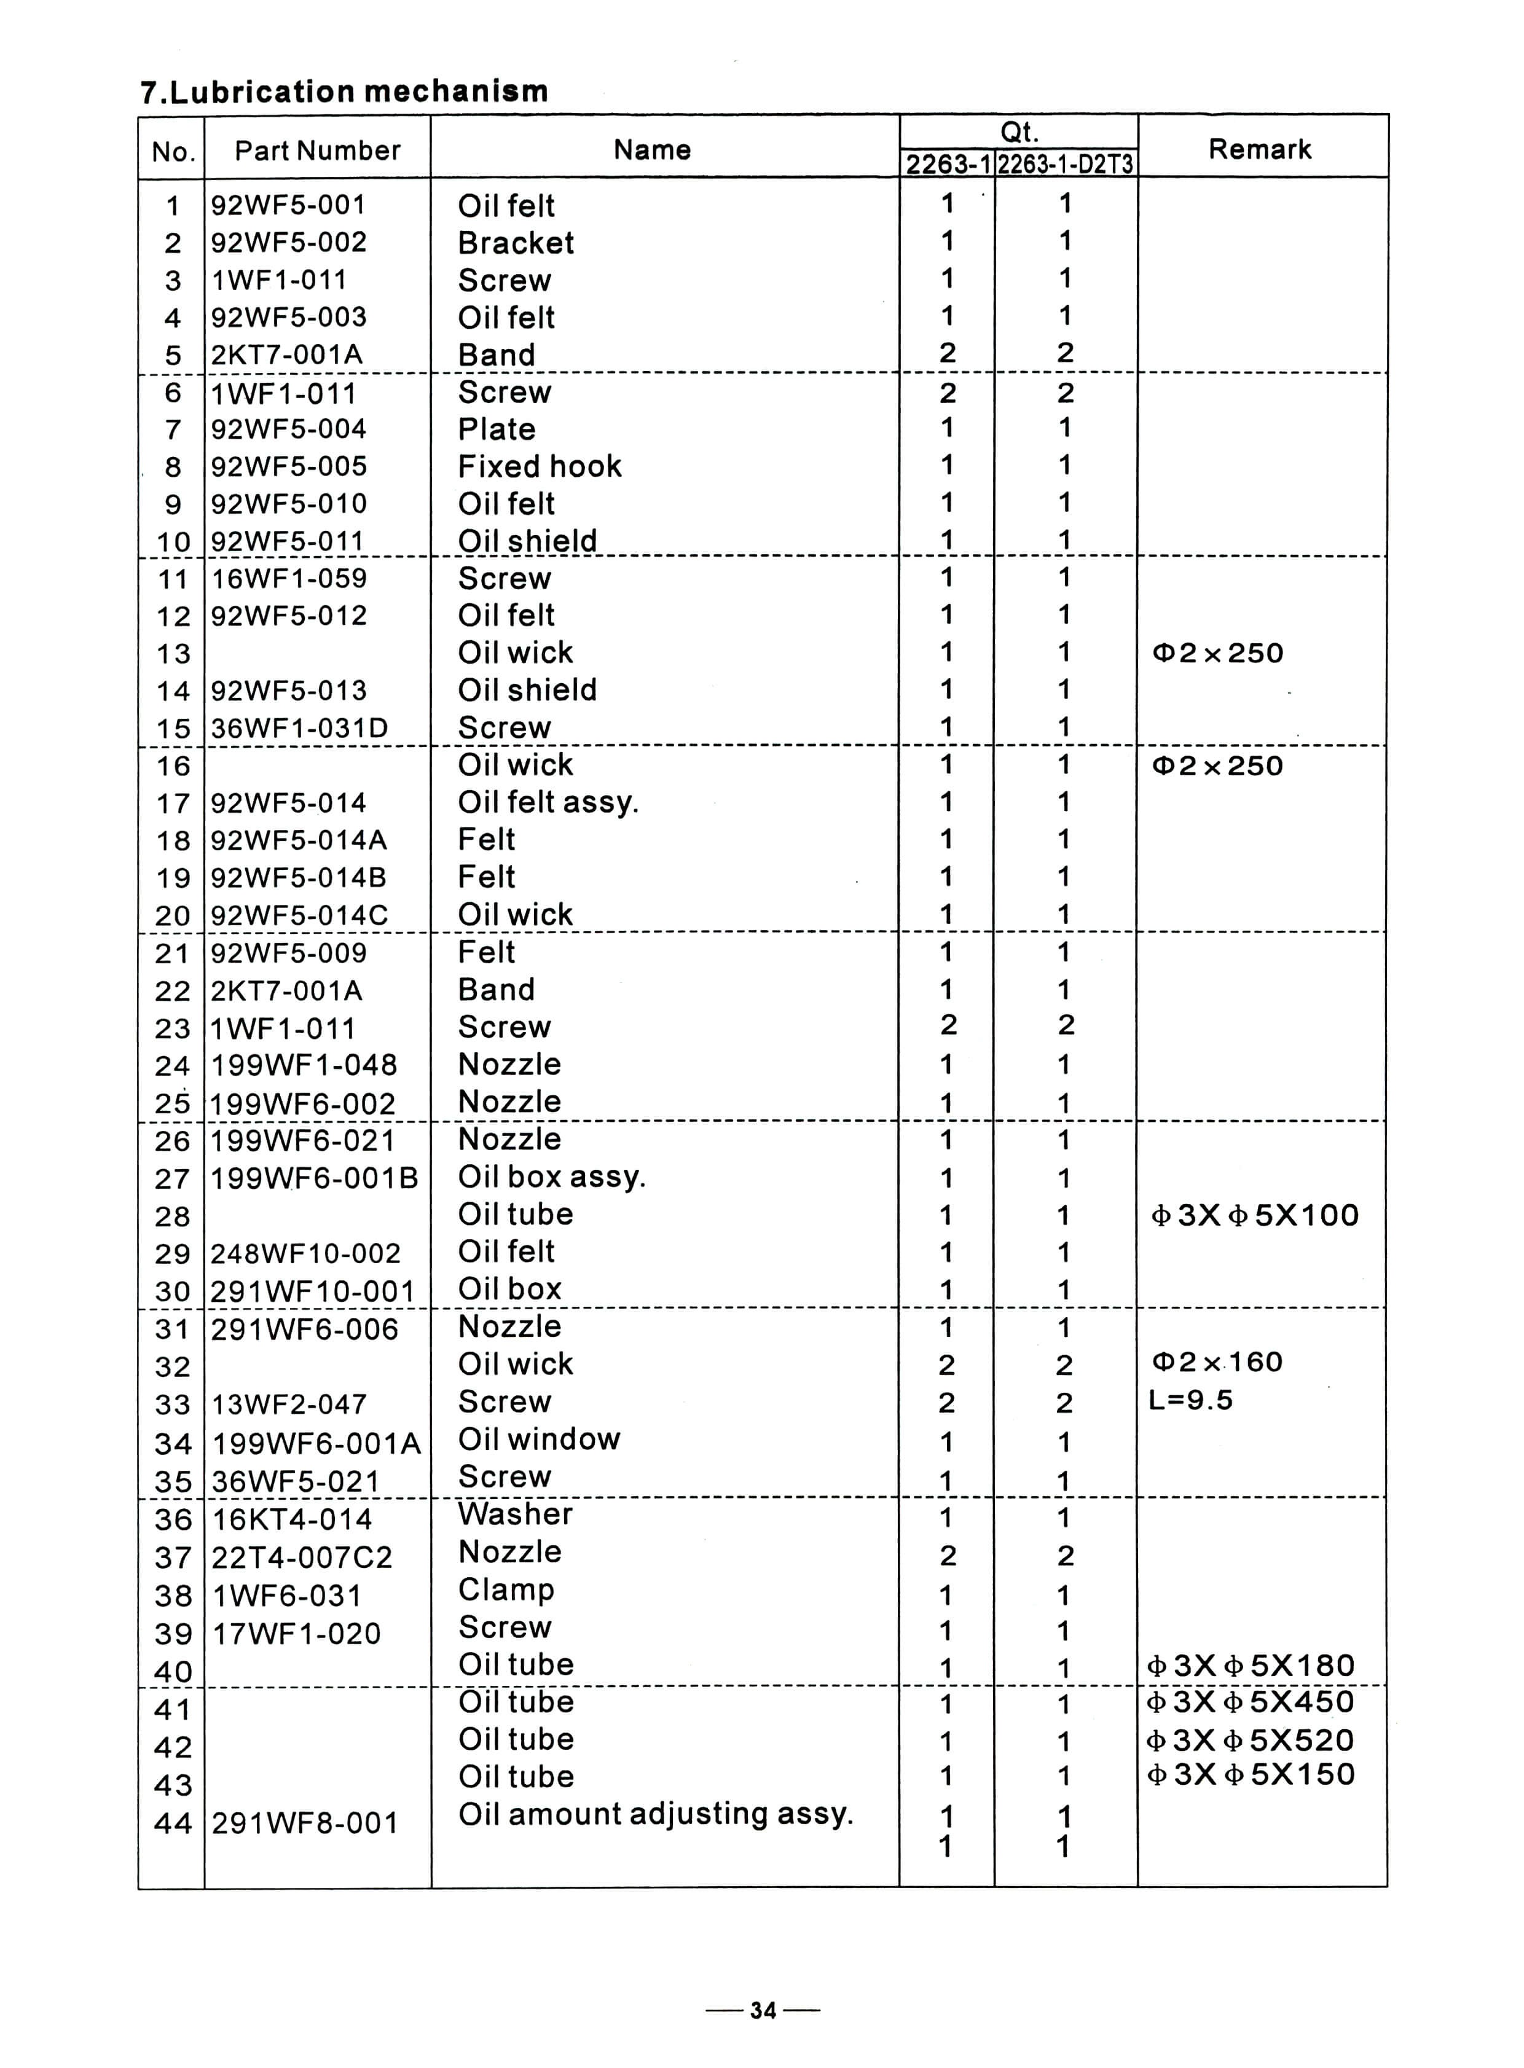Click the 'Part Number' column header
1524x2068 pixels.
tap(317, 151)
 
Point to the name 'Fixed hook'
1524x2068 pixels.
tap(540, 467)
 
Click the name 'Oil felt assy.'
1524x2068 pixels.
tap(548, 802)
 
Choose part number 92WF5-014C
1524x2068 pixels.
tap(299, 915)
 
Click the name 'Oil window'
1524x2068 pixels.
tap(539, 1439)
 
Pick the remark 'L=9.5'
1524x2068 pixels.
tap(1191, 1400)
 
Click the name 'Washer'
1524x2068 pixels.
tap(515, 1514)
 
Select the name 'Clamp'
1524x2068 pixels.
tap(506, 1589)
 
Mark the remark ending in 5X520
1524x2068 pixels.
tap(1250, 1741)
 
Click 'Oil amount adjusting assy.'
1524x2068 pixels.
tap(655, 1814)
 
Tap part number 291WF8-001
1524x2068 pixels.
tap(304, 1823)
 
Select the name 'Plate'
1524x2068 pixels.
tap(497, 429)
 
